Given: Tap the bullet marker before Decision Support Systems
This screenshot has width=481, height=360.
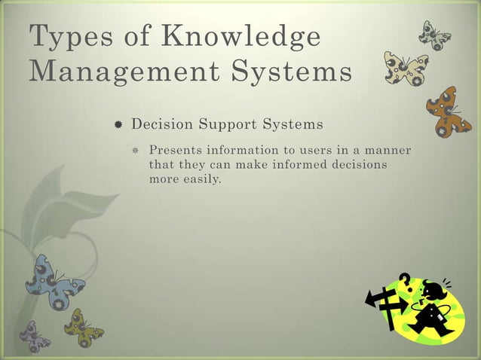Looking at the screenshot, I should tap(119, 124).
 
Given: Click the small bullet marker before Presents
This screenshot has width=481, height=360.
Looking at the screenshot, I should tap(138, 149).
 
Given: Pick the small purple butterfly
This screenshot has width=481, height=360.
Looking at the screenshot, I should tap(35, 334).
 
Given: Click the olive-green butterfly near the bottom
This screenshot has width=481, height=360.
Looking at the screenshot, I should tap(81, 325).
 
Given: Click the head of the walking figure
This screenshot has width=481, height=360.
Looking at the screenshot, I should tap(435, 290).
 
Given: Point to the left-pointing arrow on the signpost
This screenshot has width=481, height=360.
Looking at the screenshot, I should tap(375, 300).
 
